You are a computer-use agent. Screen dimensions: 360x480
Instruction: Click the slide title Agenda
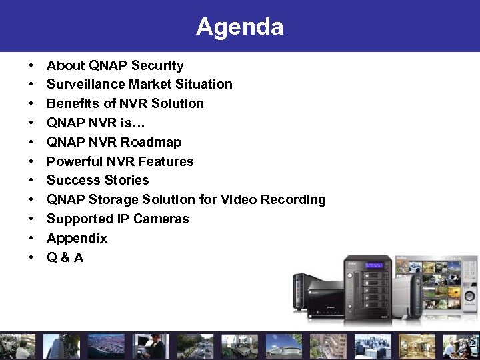coord(239,27)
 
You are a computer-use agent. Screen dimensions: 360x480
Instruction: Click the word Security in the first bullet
coord(157,65)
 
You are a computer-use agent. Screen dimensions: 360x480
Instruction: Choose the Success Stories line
coord(97,180)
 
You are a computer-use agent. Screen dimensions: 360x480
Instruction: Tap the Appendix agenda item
coord(77,238)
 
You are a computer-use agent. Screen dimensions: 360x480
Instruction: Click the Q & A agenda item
coord(65,257)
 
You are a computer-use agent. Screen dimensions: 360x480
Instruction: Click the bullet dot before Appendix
coord(31,239)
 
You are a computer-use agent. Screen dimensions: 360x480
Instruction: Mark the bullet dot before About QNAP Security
coord(31,66)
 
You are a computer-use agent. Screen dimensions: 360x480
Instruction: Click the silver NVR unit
coord(405,300)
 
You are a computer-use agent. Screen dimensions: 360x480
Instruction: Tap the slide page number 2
coord(471,344)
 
